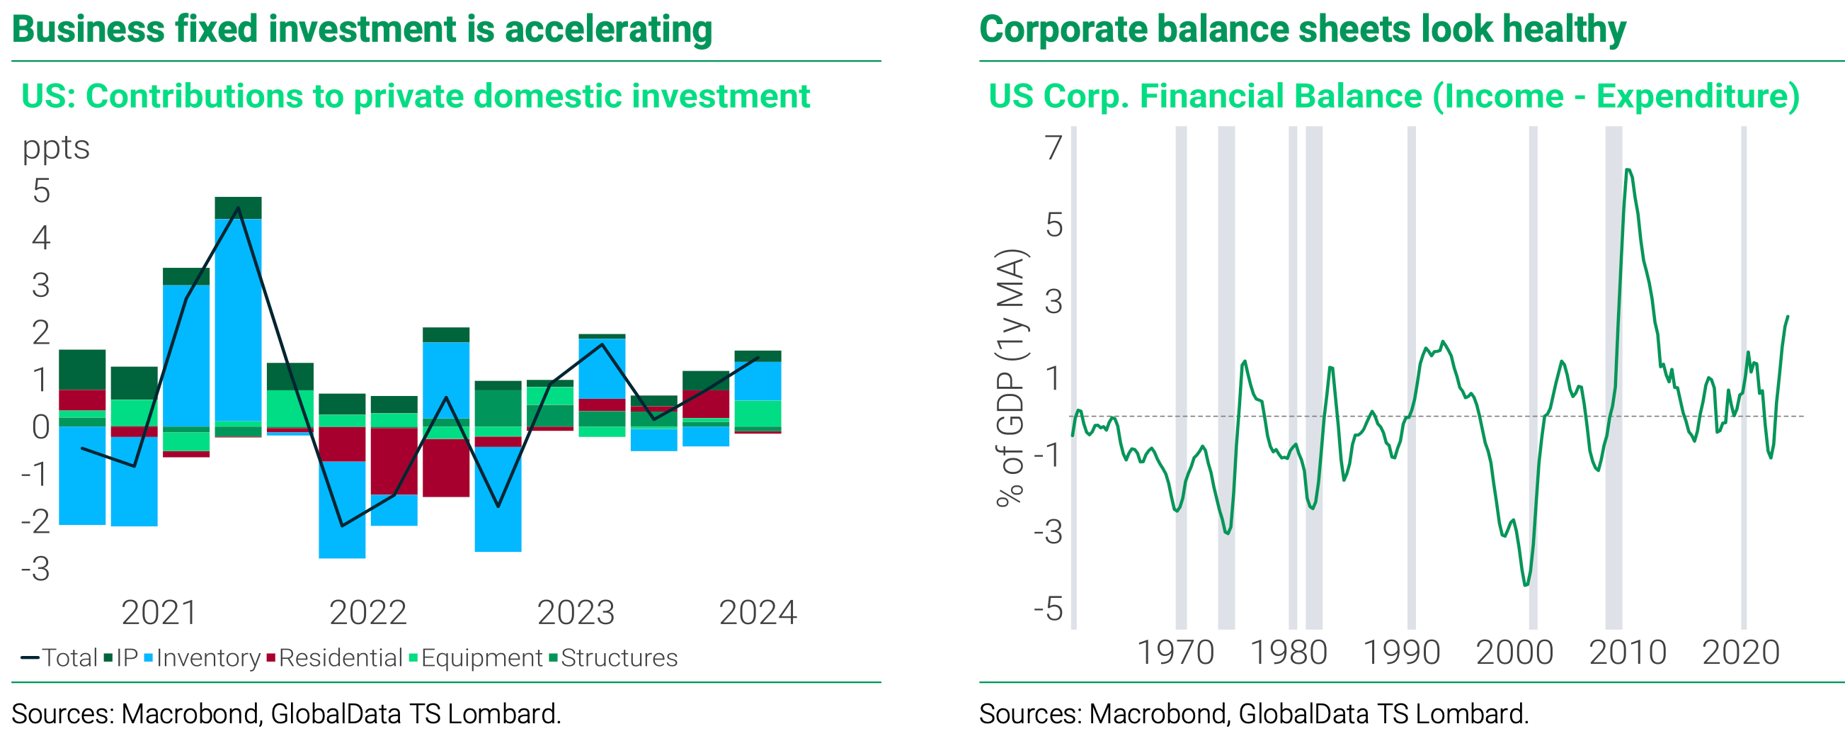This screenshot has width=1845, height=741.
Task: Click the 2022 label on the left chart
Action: (x=367, y=613)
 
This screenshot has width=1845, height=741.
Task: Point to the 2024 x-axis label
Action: (x=757, y=613)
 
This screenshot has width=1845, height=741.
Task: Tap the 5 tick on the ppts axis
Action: (x=42, y=191)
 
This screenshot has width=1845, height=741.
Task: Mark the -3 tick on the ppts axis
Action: (x=36, y=569)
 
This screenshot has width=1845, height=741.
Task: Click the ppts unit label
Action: (x=56, y=147)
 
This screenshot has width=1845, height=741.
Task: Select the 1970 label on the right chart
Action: (x=1175, y=653)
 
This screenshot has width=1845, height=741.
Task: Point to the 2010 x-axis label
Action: (x=1627, y=653)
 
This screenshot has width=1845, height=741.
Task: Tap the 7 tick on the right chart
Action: (x=1053, y=147)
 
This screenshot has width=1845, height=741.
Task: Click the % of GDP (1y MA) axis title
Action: (x=1011, y=378)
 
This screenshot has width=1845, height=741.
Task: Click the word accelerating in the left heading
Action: (x=608, y=30)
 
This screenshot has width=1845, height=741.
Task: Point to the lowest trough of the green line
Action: (x=1526, y=584)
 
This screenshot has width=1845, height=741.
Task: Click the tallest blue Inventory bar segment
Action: (x=238, y=319)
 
